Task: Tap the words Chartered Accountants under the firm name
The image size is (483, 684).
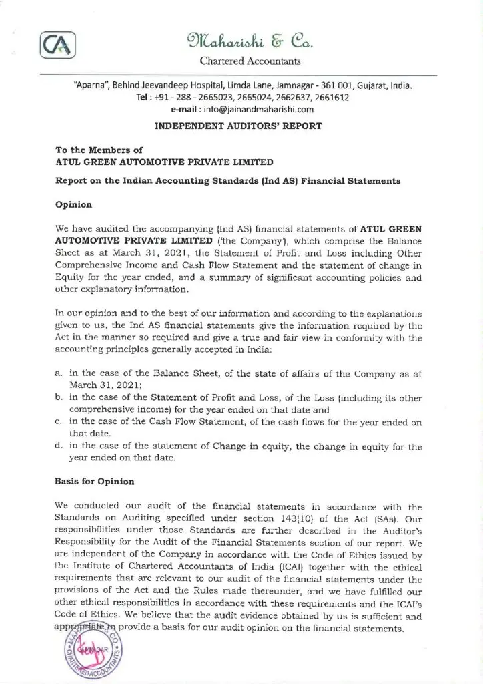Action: tap(250, 62)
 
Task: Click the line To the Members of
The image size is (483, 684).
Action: tap(99, 151)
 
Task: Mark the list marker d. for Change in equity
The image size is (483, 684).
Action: tap(59, 446)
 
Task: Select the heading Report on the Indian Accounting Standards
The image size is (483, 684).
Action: tap(227, 180)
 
